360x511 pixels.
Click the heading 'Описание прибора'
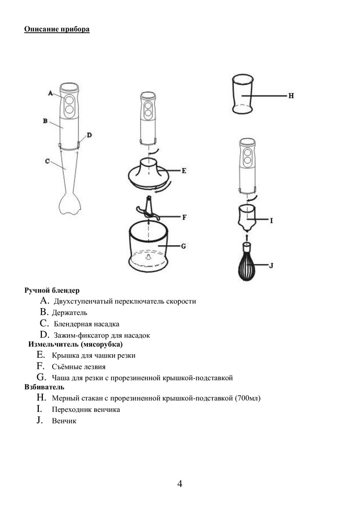coord(57,29)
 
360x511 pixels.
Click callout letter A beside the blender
coord(51,93)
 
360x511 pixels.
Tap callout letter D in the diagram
coord(89,135)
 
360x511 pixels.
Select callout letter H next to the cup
coord(291,96)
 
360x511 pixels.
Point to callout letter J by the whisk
coord(271,265)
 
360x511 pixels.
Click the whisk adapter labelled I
coord(247,217)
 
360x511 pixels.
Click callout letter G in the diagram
coord(183,246)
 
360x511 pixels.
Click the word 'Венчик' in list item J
coord(64,421)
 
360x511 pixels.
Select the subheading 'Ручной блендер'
coord(52,290)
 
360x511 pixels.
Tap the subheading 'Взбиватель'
coord(44,387)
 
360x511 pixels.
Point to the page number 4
coord(180,484)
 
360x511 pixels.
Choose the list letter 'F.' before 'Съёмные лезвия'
coord(41,366)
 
